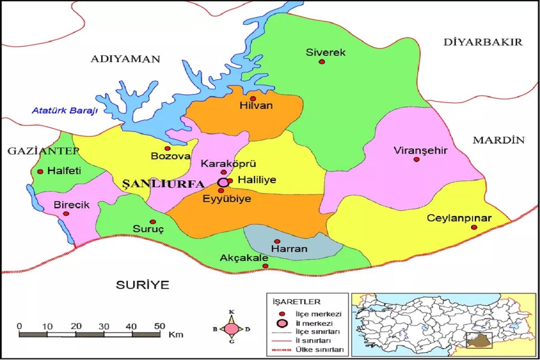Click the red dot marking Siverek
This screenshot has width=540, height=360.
coord(322,62)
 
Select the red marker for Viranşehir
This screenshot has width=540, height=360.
coord(416,159)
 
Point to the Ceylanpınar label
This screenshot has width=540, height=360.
coord(459,219)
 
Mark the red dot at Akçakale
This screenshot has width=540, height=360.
coord(265,266)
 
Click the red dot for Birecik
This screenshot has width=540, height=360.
coord(66,214)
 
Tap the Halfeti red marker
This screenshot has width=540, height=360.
coord(40,171)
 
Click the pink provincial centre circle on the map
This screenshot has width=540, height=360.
coord(223,182)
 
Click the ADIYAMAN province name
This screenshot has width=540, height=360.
coord(126,59)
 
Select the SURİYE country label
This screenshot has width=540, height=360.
coord(143,284)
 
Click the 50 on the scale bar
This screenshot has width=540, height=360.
coord(159,326)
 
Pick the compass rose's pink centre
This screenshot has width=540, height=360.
coord(232,329)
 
